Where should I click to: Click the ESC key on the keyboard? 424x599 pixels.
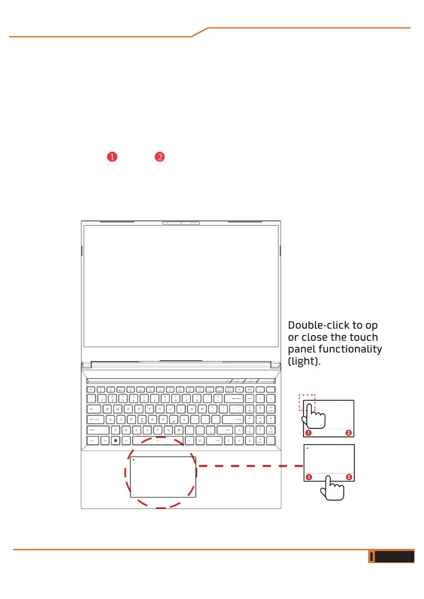(x=91, y=390)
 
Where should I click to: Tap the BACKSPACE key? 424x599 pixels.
(x=234, y=399)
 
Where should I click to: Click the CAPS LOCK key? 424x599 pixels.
(x=95, y=420)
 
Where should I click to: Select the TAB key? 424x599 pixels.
(x=94, y=409)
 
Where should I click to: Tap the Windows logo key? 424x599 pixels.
(x=115, y=441)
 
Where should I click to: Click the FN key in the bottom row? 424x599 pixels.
(x=105, y=441)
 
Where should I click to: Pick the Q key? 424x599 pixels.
(x=107, y=409)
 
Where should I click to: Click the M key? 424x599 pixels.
(x=179, y=430)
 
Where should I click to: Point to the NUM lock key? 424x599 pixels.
(x=250, y=399)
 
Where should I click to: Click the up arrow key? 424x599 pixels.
(x=239, y=430)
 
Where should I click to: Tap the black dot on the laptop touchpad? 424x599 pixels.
(x=134, y=460)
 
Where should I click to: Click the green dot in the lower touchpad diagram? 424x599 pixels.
(x=307, y=448)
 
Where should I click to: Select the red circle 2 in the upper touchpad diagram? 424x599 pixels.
(x=349, y=433)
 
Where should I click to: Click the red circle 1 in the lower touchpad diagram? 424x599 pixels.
(x=309, y=477)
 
